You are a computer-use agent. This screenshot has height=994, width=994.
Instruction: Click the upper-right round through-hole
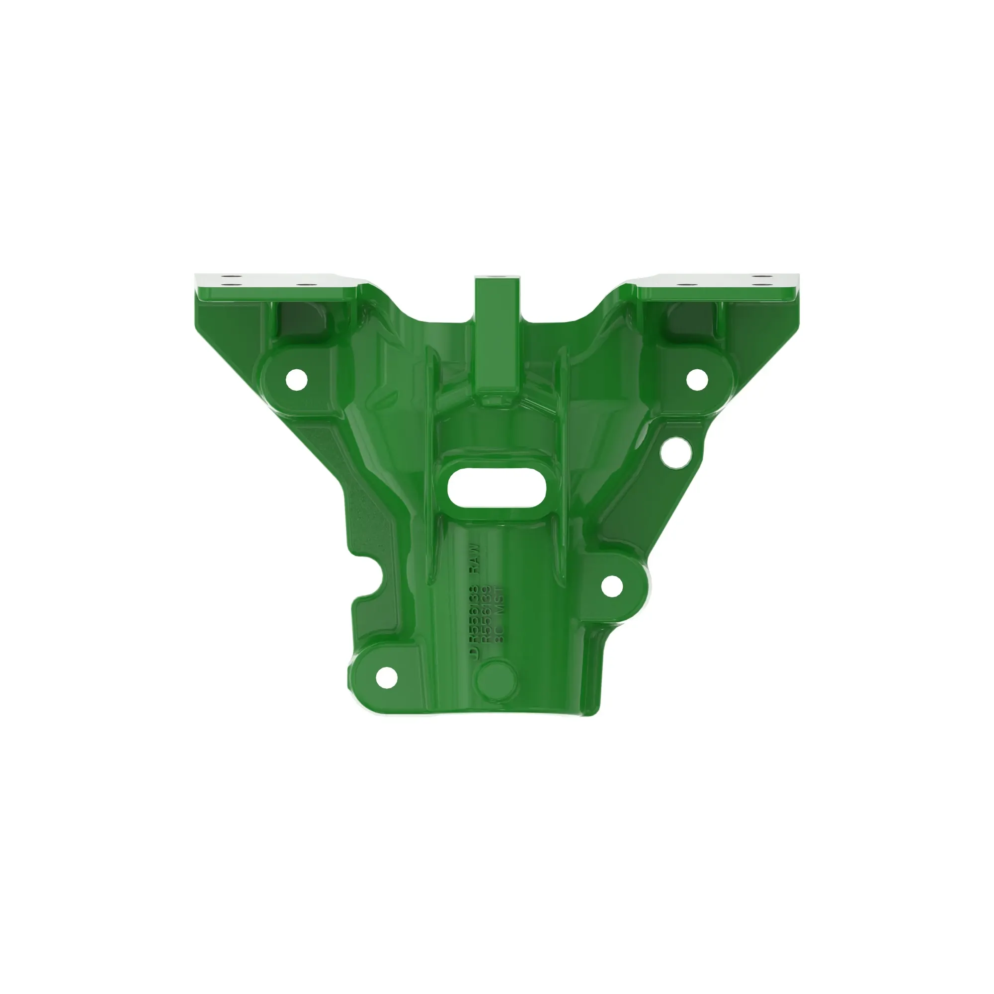coord(697,379)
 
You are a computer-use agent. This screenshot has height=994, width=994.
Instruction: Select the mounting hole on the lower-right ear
coord(612,586)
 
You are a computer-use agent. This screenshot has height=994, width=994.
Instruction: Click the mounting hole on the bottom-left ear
coord(386,677)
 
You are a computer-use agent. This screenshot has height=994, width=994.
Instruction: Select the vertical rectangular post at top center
coord(497,339)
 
